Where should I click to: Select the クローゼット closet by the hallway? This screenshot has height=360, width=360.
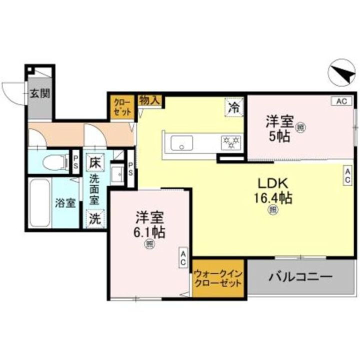click(122, 107)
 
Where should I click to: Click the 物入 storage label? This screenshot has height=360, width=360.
click(149, 100)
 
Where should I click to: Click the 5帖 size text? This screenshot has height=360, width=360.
click(278, 136)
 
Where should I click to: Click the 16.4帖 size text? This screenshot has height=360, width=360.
click(272, 198)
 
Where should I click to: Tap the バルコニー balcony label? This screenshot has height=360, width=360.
click(299, 276)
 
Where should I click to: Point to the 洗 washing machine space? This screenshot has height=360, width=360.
click(94, 218)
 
